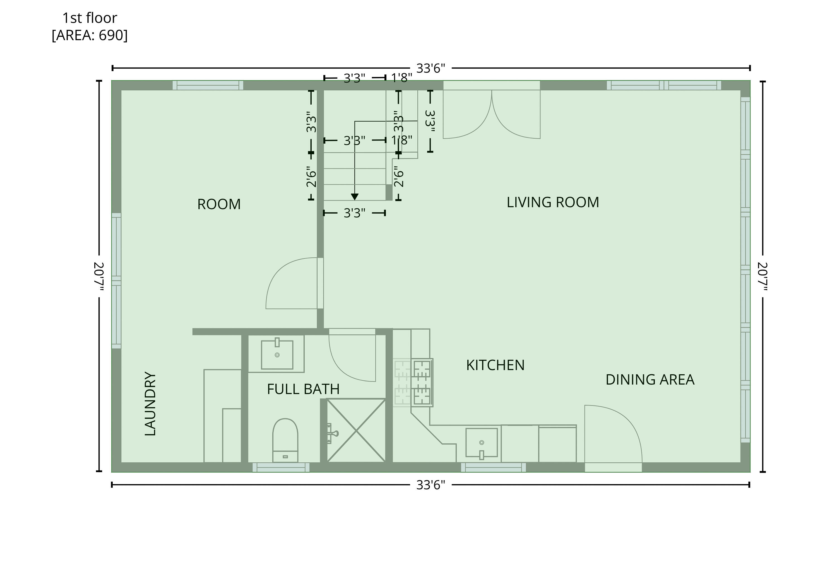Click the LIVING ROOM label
click(x=552, y=202)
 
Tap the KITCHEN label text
click(x=495, y=365)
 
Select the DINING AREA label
click(x=650, y=380)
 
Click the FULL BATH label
click(x=303, y=389)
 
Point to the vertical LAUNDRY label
click(x=150, y=403)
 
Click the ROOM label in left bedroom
click(x=219, y=204)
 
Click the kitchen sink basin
click(x=481, y=443)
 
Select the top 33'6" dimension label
click(x=430, y=68)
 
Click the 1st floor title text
click(x=90, y=18)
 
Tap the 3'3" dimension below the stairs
click(x=354, y=213)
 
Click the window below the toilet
click(x=281, y=467)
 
